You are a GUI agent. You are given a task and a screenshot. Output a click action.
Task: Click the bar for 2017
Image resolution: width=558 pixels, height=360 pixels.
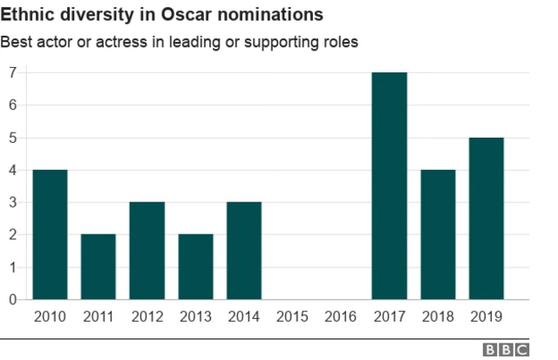point(389,186)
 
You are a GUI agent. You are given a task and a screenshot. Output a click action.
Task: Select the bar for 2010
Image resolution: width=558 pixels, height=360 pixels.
point(50,234)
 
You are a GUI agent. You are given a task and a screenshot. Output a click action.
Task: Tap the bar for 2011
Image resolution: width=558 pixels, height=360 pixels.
point(99,267)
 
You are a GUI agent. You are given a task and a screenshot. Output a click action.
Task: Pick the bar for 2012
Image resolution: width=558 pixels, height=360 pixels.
point(146,251)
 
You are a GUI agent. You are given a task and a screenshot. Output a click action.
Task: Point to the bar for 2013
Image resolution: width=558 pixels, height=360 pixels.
point(195,267)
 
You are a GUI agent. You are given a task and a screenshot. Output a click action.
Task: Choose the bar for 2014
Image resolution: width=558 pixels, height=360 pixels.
point(243,251)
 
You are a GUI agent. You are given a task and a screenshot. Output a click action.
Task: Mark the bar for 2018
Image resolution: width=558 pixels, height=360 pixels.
point(438,234)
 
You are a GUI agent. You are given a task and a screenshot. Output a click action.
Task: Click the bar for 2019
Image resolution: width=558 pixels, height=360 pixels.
point(486,218)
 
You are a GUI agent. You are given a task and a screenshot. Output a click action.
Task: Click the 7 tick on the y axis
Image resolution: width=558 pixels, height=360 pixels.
point(12,72)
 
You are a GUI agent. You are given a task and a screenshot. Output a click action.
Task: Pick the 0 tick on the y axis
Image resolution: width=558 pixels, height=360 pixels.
point(12,300)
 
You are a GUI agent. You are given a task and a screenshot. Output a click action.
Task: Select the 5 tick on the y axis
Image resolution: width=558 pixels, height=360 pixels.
point(12,138)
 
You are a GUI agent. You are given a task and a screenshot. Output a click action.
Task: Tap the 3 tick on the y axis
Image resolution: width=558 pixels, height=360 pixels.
point(12,202)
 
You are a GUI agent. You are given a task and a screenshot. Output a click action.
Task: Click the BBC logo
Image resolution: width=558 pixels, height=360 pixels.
point(507,350)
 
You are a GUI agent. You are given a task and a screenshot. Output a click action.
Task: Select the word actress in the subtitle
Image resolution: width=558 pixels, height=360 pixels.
point(121,43)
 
